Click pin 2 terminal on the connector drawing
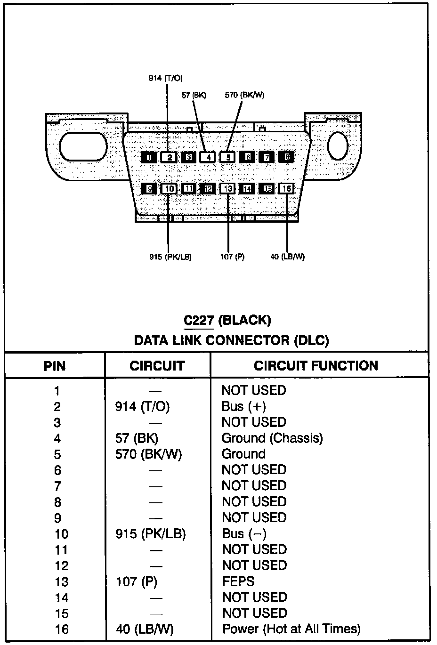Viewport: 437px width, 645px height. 169,158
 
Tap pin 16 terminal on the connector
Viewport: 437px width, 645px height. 286,189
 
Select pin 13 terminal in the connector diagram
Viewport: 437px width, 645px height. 227,189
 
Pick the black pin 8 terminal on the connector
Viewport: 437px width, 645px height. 286,157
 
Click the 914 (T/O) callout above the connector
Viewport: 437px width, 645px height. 165,78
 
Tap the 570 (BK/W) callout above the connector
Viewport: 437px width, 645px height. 244,95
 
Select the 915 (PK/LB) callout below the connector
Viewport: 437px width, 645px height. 170,257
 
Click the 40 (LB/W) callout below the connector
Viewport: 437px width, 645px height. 287,257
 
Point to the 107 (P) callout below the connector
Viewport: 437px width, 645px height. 232,257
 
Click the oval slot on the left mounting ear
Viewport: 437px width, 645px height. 84,146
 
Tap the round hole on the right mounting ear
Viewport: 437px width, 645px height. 337,145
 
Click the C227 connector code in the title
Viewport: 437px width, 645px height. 199,321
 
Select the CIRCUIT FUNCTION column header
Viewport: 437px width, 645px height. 316,366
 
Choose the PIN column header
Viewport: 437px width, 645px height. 55,366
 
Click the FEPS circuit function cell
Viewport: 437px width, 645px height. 238,581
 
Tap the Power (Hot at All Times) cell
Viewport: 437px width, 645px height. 291,629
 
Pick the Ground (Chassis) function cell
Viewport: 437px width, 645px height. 272,438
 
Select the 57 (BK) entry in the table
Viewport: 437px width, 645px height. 137,438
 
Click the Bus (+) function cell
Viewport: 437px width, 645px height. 243,406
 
